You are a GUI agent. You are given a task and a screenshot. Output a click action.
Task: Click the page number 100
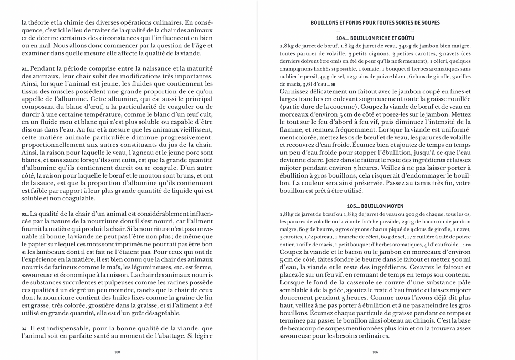117,352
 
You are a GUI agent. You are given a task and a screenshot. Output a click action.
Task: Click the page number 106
375,352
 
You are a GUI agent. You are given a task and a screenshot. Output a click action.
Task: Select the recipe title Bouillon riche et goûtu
375,38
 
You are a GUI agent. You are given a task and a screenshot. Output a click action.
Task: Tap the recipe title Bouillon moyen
375,206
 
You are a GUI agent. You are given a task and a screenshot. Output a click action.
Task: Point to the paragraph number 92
24,69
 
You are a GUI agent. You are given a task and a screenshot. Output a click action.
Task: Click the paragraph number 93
24,214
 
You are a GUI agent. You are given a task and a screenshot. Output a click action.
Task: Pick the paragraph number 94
24,329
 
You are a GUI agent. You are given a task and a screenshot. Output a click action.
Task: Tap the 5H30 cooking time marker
466,245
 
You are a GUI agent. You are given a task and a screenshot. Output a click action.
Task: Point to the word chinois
423,320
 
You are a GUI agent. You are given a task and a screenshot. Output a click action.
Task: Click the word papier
31,245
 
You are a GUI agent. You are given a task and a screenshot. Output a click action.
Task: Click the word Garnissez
294,92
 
